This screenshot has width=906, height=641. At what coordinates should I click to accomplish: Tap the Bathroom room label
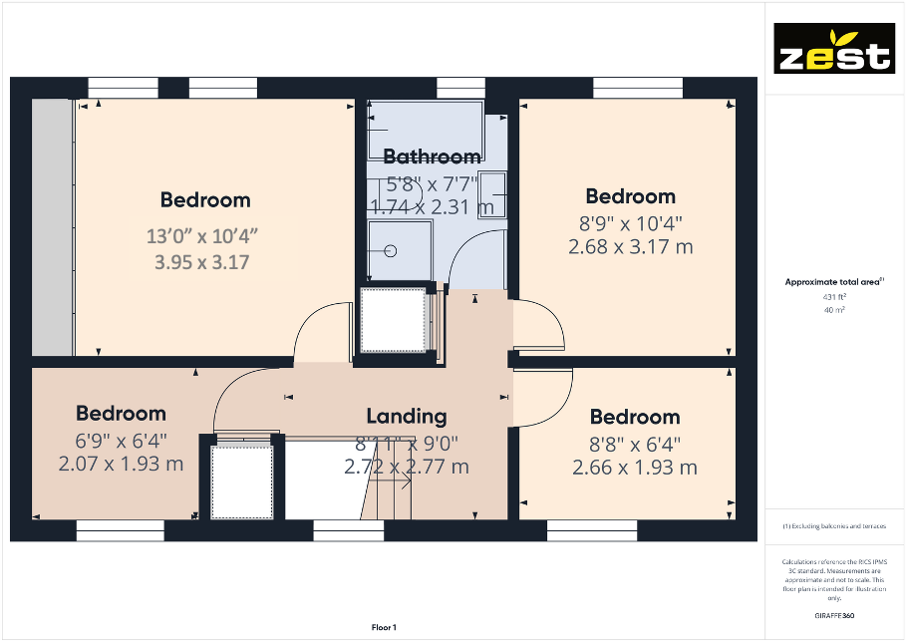click(x=432, y=157)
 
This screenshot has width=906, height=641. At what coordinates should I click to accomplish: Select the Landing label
click(x=406, y=416)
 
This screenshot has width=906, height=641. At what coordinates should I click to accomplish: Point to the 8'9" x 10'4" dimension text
click(x=630, y=222)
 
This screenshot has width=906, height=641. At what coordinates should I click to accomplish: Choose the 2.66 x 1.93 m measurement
click(x=634, y=468)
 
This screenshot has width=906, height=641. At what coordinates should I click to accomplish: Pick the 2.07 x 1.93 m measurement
click(x=122, y=464)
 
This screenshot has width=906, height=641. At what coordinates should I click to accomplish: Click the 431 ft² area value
click(x=833, y=297)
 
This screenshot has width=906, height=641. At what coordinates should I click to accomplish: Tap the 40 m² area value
click(x=833, y=310)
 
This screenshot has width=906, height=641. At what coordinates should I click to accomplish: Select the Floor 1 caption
click(x=383, y=627)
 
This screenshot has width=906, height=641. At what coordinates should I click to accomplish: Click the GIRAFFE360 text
click(x=834, y=618)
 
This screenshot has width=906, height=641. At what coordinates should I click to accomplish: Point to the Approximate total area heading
click(x=833, y=283)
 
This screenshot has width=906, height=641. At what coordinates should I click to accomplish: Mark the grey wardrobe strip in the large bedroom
click(x=52, y=226)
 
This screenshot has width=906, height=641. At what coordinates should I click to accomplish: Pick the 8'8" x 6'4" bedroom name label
click(x=634, y=417)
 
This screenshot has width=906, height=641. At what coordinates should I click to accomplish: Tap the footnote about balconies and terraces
click(x=834, y=525)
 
